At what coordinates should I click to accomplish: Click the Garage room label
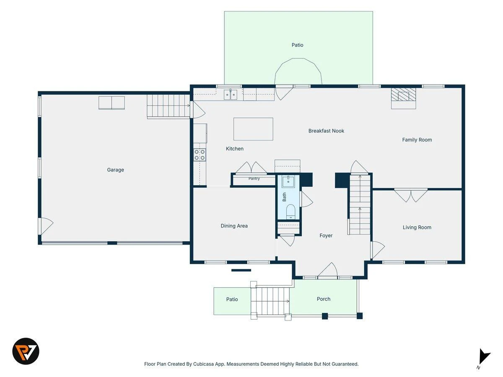pos(115,170)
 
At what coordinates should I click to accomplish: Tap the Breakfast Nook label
pos(326,131)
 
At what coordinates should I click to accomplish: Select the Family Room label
pos(417,140)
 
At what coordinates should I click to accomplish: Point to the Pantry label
pos(254,178)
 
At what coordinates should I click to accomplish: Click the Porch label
pos(323,299)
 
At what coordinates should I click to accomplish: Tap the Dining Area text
pos(234,226)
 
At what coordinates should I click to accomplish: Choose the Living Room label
pos(417,227)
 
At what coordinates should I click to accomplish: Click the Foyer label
pos(326,235)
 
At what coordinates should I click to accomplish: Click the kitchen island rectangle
pos(253,129)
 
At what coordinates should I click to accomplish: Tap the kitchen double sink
pos(231,95)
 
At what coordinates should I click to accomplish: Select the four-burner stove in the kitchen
pos(200,155)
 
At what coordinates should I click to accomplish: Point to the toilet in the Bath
pos(290,212)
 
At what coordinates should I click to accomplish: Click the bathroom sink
pos(288,182)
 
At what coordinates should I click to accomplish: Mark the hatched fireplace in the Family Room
pos(403,94)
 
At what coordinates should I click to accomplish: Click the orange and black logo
pos(26,351)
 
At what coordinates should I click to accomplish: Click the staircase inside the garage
pos(169,106)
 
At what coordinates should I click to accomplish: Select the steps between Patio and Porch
pos(270,301)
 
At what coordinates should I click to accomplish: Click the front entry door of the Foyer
pos(327,271)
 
